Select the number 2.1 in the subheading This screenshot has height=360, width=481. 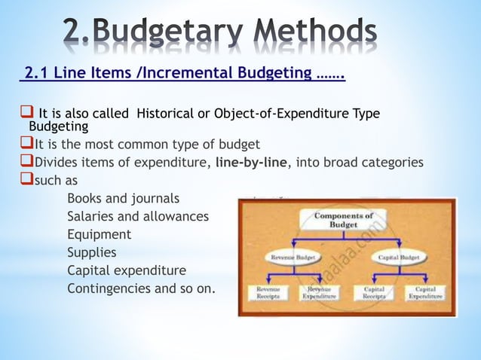36,74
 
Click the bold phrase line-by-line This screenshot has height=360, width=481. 256,162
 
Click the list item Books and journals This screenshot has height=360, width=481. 123,199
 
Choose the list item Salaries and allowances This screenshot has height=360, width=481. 138,217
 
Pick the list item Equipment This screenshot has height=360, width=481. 99,234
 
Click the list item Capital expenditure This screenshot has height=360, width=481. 126,270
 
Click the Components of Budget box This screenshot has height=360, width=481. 343,221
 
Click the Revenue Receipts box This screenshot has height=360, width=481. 268,293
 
